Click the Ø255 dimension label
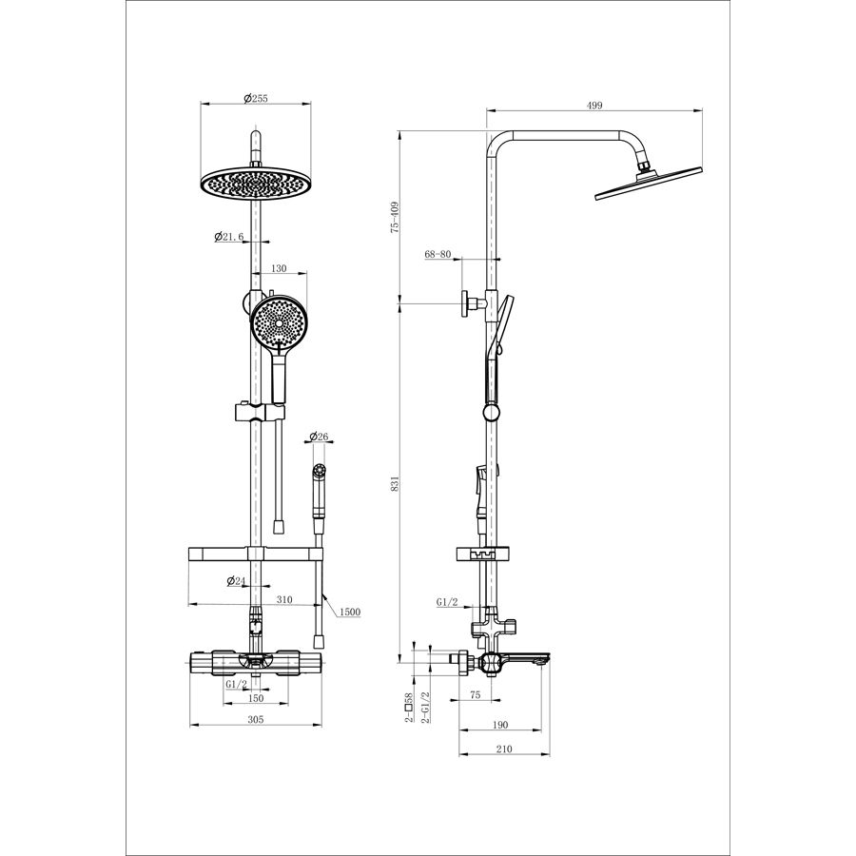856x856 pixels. (x=256, y=98)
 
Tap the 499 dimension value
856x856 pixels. (x=593, y=106)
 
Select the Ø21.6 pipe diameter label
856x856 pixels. (x=228, y=237)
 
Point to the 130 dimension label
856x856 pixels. (x=279, y=268)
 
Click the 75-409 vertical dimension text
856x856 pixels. (x=396, y=217)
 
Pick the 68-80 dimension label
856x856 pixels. (x=438, y=254)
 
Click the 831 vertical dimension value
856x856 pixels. (x=396, y=483)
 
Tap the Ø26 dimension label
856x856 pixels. (x=319, y=437)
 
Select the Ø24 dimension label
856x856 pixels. (x=237, y=581)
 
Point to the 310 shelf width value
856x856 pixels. (x=283, y=599)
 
